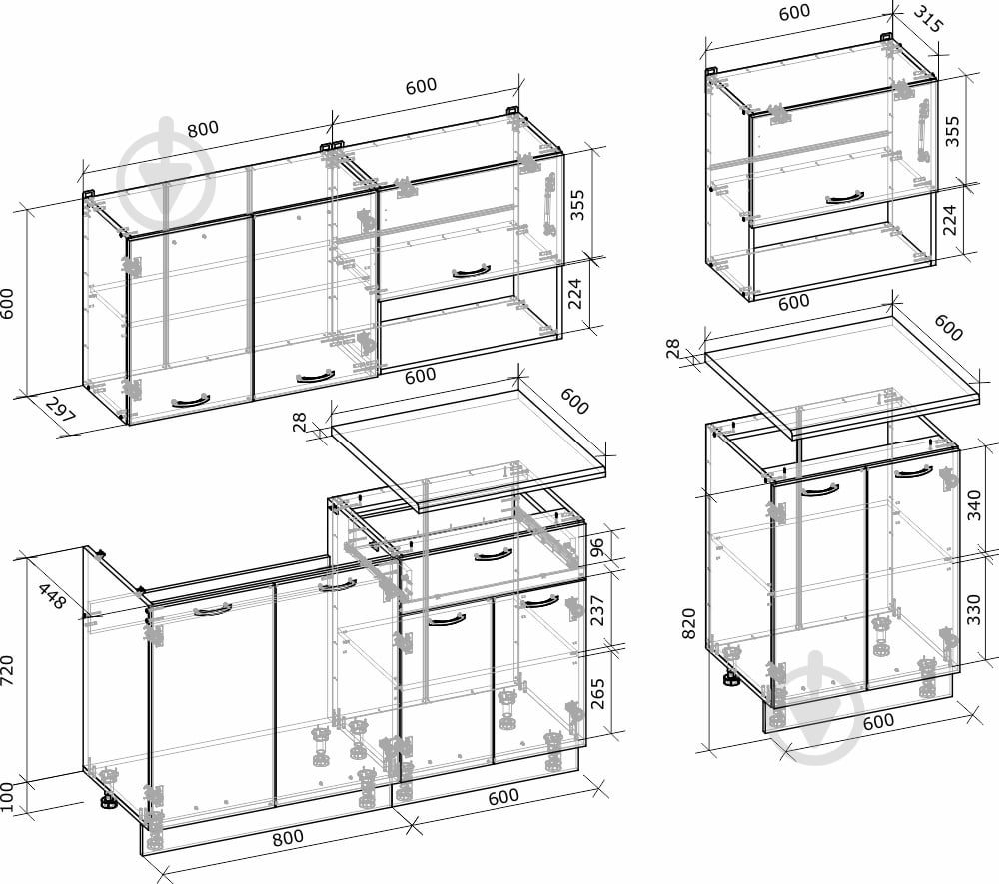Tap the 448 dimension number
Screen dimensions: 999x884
point(52,596)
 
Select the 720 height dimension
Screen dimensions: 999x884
point(8,670)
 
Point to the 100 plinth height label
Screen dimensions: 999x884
point(7,796)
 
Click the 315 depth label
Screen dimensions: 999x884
point(927,19)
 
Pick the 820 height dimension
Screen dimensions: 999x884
point(688,623)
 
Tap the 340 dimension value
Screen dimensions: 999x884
point(974,505)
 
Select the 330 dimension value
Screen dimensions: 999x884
point(974,609)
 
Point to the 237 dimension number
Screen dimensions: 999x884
point(597,610)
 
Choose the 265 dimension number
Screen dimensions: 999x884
point(597,693)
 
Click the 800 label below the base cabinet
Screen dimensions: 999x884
point(288,838)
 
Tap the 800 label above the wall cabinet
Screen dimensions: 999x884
point(203,129)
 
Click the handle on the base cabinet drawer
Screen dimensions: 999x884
point(494,555)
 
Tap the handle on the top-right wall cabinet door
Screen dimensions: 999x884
point(845,199)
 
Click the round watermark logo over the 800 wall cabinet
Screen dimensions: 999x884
point(167,180)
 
